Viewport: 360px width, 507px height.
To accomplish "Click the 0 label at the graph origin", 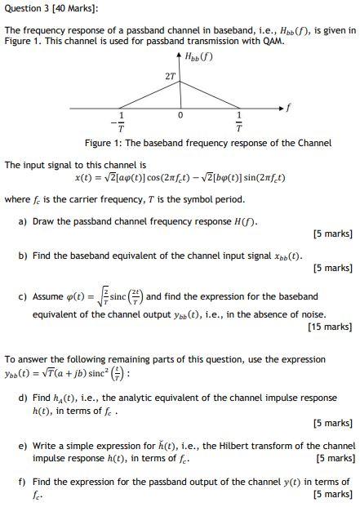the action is (x=181, y=115).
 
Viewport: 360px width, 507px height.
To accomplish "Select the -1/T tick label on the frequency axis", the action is (x=121, y=122).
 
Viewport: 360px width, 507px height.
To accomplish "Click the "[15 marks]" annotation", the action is (x=331, y=327).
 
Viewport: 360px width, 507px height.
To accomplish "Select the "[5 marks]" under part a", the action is (x=332, y=234).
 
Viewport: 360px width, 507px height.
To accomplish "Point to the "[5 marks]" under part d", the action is (x=332, y=423).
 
